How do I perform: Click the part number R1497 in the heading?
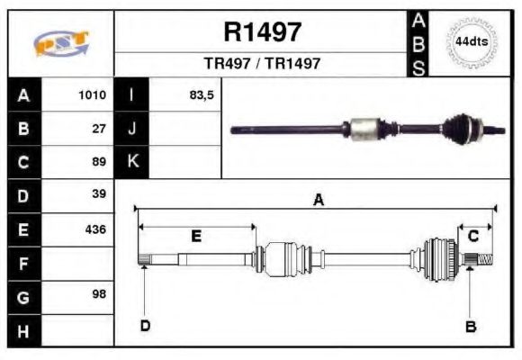(262, 32)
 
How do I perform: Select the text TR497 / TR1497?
(262, 64)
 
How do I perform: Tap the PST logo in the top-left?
(60, 44)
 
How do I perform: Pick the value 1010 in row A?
(92, 95)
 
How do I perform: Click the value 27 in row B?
(99, 129)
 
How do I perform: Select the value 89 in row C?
(99, 162)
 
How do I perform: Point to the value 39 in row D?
(99, 195)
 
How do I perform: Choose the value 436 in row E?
(95, 229)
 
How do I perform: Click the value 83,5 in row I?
(201, 95)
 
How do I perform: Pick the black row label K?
(131, 162)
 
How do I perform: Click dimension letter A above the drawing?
(318, 201)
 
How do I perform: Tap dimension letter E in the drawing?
(196, 236)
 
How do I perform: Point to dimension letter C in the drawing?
(472, 236)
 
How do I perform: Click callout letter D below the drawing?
(145, 326)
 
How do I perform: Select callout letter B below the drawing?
(469, 326)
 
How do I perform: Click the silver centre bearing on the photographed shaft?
(365, 129)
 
